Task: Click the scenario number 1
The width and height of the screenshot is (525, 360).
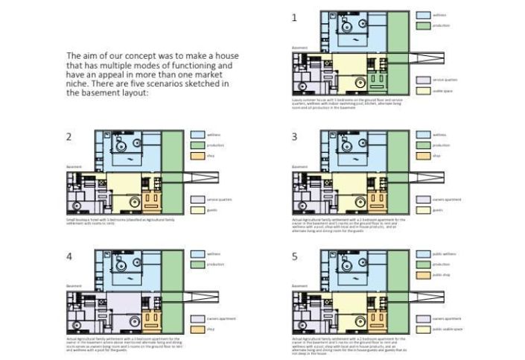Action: pyautogui.click(x=294, y=17)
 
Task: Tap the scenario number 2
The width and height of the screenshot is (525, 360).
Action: pyautogui.click(x=69, y=136)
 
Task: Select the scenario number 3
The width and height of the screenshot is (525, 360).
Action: pyautogui.click(x=294, y=136)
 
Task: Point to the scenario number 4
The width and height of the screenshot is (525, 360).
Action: pyautogui.click(x=69, y=256)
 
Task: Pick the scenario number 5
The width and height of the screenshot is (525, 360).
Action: pyautogui.click(x=294, y=256)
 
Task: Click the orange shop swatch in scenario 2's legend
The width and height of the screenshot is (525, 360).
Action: pyautogui.click(x=197, y=156)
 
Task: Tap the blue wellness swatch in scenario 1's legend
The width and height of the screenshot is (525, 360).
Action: pyautogui.click(x=422, y=15)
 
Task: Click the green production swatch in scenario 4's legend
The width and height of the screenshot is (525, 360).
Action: pyautogui.click(x=197, y=265)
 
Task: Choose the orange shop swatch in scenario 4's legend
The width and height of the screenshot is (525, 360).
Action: pyautogui.click(x=197, y=329)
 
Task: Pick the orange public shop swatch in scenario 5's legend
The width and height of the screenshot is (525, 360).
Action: pyautogui.click(x=422, y=275)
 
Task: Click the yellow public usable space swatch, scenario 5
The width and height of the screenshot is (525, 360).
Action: pyautogui.click(x=422, y=328)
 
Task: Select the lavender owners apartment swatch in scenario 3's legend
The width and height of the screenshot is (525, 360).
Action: pyautogui.click(x=422, y=200)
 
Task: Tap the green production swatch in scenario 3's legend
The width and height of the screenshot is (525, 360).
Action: pyautogui.click(x=422, y=145)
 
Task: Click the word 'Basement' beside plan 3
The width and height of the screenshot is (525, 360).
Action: pyautogui.click(x=299, y=166)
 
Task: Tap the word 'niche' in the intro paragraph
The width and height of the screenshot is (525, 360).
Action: pyautogui.click(x=81, y=84)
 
